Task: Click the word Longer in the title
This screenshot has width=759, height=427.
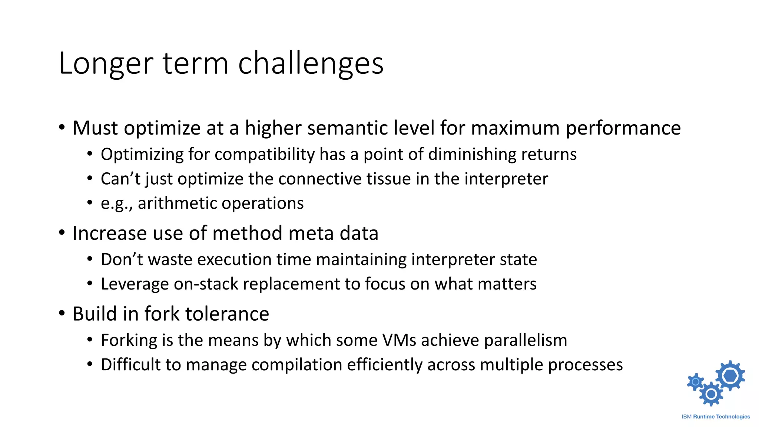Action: (x=106, y=64)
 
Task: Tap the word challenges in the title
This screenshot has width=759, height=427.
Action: (x=311, y=64)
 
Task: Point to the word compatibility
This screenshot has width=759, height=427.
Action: (x=264, y=154)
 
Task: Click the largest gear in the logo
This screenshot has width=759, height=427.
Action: (x=730, y=375)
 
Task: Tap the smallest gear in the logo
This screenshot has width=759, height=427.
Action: (x=696, y=382)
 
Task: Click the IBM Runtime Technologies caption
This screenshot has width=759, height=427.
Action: (x=716, y=417)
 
